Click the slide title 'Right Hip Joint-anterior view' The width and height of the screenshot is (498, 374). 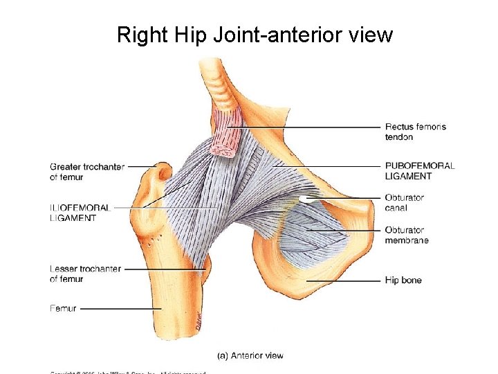click(255, 34)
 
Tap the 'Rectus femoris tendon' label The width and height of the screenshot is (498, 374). click(415, 132)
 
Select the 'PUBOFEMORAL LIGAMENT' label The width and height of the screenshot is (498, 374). click(419, 170)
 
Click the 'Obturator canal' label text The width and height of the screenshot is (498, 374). click(404, 202)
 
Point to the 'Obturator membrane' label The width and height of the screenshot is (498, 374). click(407, 235)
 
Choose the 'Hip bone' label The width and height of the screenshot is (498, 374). click(403, 280)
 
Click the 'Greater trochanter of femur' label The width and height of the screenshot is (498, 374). click(86, 171)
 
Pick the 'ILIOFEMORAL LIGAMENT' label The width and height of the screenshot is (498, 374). click(80, 212)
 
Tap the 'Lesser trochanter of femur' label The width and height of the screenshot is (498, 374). click(85, 274)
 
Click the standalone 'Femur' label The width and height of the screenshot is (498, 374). click(64, 308)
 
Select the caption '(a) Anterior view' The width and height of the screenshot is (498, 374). click(250, 355)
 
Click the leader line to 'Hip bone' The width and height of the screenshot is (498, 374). click(346, 280)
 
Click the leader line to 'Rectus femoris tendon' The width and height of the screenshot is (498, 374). click(311, 127)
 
